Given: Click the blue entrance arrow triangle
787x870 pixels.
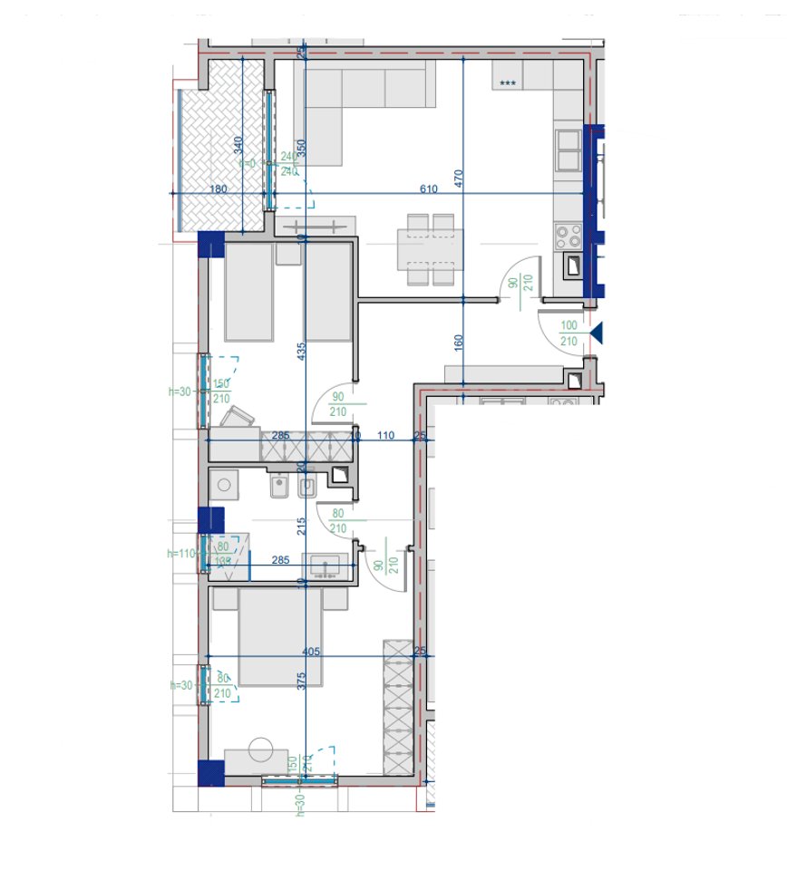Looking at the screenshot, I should click(596, 334).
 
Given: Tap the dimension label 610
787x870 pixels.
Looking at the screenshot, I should click(429, 188).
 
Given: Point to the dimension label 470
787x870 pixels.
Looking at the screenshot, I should click(459, 178).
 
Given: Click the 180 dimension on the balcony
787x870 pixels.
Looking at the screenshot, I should click(218, 188).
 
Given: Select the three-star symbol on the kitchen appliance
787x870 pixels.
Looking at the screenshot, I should click(508, 83).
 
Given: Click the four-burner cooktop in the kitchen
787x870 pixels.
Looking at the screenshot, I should click(568, 237).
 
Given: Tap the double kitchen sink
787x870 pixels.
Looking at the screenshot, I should click(568, 150).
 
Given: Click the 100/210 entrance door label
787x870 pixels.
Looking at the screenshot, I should click(569, 333).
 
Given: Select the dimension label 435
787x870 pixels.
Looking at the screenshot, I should click(303, 353).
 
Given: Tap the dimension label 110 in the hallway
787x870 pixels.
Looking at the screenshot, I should click(385, 436).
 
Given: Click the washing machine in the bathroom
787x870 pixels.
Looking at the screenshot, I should click(223, 485).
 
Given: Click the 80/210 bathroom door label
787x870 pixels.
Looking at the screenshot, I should click(338, 522).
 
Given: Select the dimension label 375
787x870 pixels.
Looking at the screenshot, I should click(303, 681).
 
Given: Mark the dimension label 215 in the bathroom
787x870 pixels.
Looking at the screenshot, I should click(303, 526).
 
